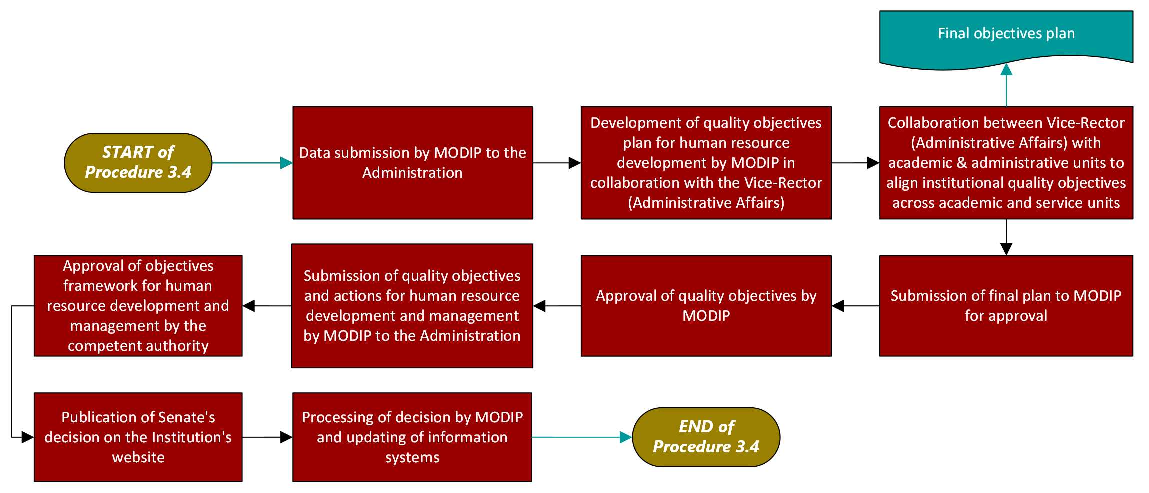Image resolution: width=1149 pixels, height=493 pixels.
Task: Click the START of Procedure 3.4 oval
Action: pos(138,162)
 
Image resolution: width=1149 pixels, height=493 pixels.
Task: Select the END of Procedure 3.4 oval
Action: pos(706,437)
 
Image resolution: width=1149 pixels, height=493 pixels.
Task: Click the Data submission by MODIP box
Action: pos(412,162)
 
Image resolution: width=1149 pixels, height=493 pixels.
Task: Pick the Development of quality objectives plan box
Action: pos(706,162)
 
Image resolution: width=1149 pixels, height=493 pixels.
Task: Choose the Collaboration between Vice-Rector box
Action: pos(1006,162)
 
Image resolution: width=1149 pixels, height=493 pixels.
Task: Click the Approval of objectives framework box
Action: pos(138,305)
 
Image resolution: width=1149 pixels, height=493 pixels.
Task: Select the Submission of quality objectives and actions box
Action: pos(412,305)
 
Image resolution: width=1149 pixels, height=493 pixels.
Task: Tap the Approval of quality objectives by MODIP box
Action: pos(706,305)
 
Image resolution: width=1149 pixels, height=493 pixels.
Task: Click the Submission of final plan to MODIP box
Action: pos(1006,305)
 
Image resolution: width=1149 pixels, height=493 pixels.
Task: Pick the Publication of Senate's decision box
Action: pos(138,437)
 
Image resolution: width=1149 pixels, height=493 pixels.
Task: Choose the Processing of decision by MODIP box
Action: pos(412,437)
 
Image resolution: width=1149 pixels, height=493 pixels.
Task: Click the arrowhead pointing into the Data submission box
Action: pos(287,163)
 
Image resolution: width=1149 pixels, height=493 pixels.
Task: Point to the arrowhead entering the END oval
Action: pos(626,437)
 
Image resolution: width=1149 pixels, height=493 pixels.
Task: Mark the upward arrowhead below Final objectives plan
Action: pos(1006,69)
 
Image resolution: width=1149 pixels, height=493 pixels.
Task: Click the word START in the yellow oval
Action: pos(127,152)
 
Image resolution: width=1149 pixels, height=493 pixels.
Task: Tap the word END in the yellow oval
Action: pos(695,426)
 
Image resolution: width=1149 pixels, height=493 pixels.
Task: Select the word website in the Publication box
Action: pos(138,457)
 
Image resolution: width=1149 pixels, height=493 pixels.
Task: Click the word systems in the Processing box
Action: pos(412,457)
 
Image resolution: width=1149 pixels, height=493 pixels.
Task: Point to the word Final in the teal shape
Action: pos(953,33)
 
